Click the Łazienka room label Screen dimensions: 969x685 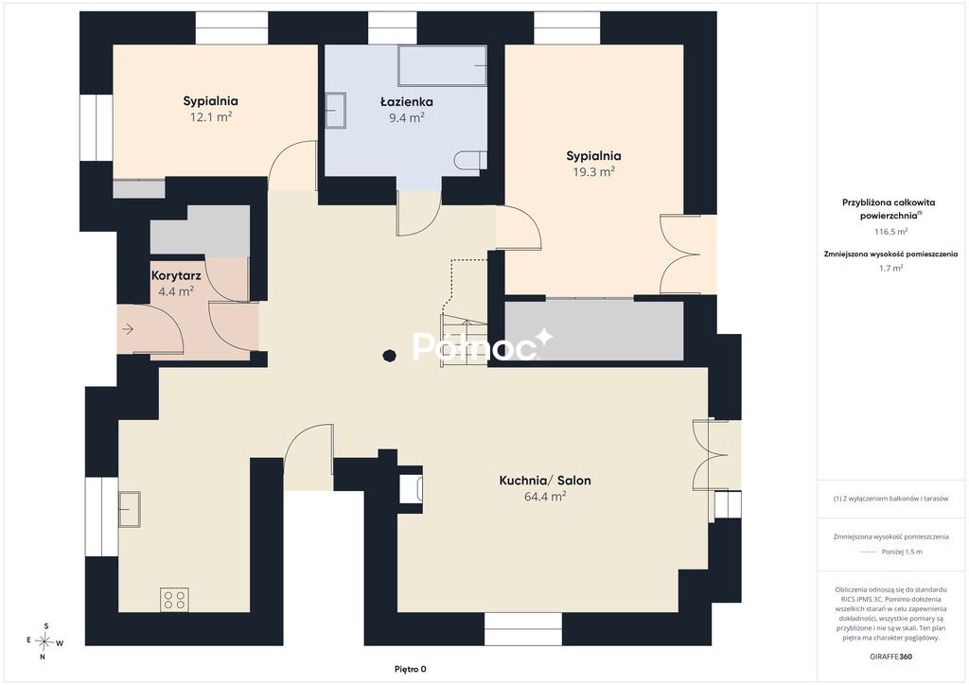(x=406, y=102)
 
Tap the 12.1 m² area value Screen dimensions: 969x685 (x=211, y=116)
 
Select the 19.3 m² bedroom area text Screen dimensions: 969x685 (x=593, y=171)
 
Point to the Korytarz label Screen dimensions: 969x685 (x=176, y=276)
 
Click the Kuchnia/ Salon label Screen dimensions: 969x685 (x=545, y=481)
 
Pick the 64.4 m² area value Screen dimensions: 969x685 (x=545, y=496)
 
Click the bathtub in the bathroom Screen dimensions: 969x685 (x=443, y=65)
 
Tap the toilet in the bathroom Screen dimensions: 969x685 (x=470, y=161)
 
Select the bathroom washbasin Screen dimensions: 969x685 (x=336, y=110)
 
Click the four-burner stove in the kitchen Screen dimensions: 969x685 (x=174, y=599)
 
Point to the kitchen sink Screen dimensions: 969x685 (x=129, y=509)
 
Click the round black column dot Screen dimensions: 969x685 (x=389, y=356)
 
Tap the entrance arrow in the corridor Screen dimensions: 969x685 (x=128, y=329)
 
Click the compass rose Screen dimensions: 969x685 (x=44, y=641)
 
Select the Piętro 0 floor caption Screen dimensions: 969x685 (x=411, y=669)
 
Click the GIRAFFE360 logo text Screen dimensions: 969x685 (x=890, y=657)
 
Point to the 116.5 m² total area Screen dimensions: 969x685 (x=890, y=232)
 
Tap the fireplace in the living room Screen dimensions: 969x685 (x=411, y=489)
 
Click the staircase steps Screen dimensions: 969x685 (x=464, y=340)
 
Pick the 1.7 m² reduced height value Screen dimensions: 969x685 (x=890, y=268)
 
